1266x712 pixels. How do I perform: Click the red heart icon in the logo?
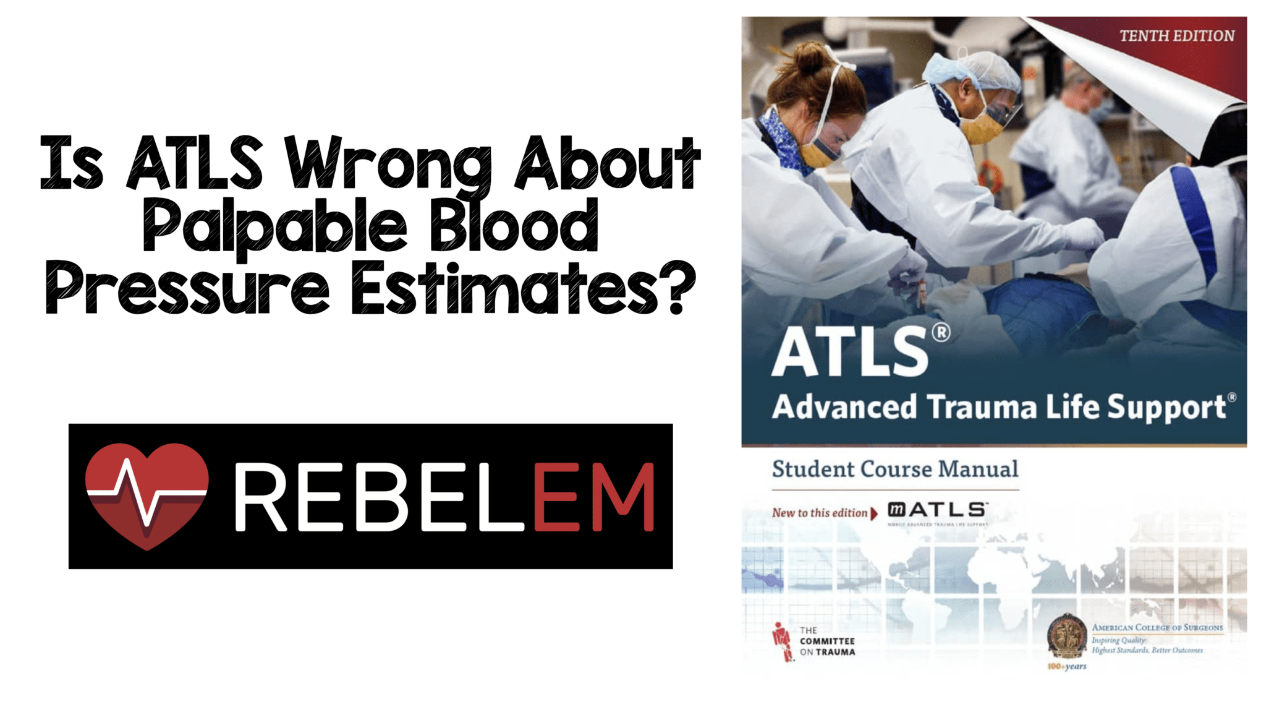147,495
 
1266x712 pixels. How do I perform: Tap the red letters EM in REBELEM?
593,497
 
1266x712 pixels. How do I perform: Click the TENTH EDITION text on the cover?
1176,36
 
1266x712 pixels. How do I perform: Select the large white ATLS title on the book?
851,353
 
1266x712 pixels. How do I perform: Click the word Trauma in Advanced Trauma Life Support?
981,407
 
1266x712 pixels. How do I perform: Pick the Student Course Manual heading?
894,469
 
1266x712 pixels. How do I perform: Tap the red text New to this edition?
820,513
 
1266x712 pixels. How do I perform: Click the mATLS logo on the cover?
937,510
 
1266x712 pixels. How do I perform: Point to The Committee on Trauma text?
827,641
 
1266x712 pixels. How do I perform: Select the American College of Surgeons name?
1157,627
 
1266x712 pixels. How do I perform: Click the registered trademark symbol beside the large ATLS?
941,333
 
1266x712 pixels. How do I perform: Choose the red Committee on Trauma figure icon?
782,641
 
